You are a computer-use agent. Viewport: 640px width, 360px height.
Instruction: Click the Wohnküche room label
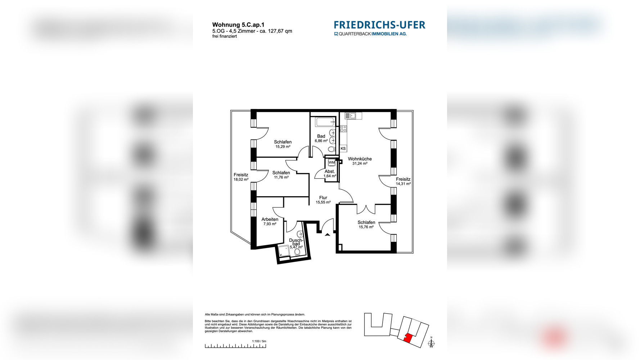[x=360, y=161]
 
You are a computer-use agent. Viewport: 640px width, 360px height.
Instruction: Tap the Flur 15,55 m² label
[x=323, y=200]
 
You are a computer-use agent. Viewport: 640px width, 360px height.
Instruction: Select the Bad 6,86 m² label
[x=321, y=138]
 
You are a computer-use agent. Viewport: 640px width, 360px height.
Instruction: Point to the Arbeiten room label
[x=270, y=221]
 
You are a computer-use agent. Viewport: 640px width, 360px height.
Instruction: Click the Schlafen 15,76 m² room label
[x=366, y=225]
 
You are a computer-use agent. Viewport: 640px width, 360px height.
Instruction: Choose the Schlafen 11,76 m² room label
[x=281, y=175]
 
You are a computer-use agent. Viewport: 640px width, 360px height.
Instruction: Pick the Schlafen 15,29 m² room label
[x=283, y=144]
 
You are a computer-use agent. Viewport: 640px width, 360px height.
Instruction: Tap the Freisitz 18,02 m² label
[x=241, y=177]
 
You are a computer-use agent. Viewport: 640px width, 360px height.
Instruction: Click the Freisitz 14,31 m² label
[x=403, y=181]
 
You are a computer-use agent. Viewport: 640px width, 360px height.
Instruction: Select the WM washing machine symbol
[x=332, y=163]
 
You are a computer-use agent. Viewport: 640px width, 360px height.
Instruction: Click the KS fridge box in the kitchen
[x=343, y=148]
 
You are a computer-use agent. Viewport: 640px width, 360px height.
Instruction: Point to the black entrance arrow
[x=328, y=235]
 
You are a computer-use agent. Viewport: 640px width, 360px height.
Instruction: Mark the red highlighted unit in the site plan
[x=408, y=338]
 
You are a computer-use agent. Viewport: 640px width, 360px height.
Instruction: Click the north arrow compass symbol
[x=431, y=343]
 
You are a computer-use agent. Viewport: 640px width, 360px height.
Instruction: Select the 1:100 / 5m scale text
[x=259, y=341]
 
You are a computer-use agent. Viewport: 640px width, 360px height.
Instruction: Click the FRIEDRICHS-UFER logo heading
[x=379, y=25]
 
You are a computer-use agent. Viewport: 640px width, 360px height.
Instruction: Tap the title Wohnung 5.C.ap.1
[x=238, y=25]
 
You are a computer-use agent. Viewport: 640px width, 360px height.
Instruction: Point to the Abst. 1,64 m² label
[x=330, y=174]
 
